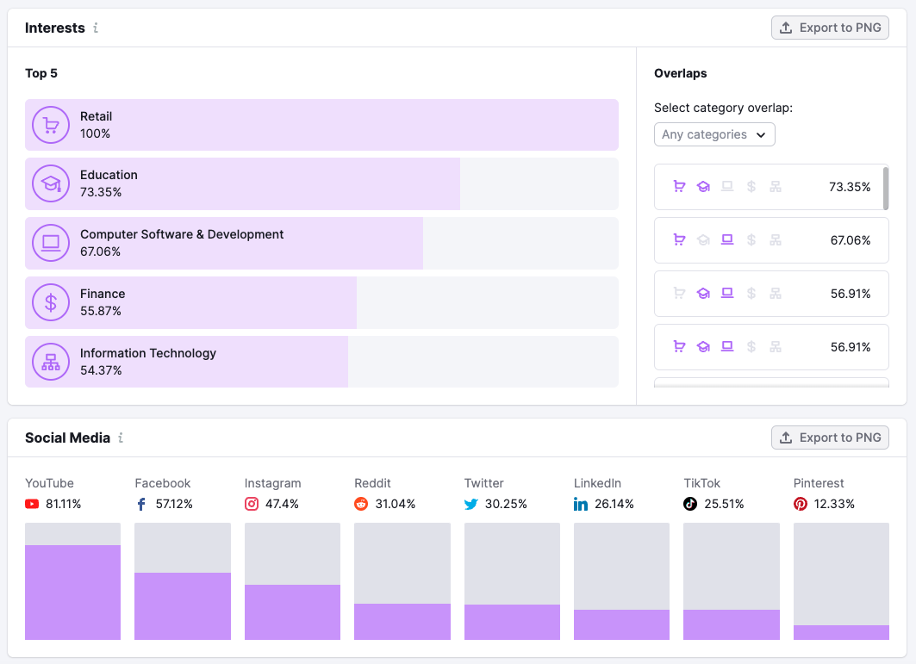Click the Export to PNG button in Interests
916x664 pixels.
tap(830, 28)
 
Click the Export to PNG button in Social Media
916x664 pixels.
tap(830, 437)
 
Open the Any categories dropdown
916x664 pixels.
tap(714, 134)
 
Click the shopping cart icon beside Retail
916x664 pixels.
tap(51, 125)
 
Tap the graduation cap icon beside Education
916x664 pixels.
tap(51, 183)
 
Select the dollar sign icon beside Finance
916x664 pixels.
tap(51, 302)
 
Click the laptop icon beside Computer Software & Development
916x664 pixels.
tap(51, 243)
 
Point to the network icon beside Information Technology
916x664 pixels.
tap(51, 362)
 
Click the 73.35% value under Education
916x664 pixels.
tap(101, 192)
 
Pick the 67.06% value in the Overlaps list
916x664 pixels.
tap(850, 240)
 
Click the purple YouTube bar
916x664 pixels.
tap(72, 592)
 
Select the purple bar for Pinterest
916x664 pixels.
tap(841, 632)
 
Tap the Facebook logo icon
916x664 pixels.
tap(141, 504)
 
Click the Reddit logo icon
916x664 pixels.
tap(361, 504)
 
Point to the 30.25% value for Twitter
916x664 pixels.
tap(506, 504)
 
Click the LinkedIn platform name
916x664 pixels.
tap(597, 483)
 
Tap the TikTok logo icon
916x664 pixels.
tap(690, 504)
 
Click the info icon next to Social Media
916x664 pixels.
tap(121, 437)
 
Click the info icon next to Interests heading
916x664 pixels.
tap(96, 28)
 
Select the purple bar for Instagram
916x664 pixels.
tap(292, 611)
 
